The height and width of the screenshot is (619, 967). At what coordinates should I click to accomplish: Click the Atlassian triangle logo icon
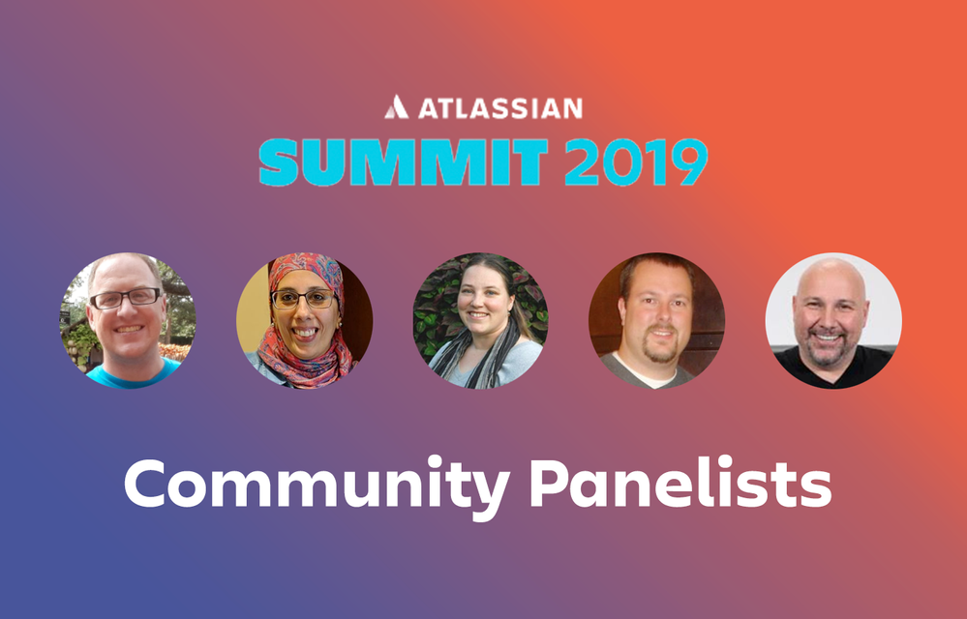pyautogui.click(x=396, y=107)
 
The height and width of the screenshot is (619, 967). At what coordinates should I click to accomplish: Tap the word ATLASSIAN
pyautogui.click(x=500, y=108)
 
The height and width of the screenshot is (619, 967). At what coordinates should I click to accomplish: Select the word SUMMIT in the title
pyautogui.click(x=404, y=162)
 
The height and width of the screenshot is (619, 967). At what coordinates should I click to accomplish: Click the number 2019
pyautogui.click(x=636, y=162)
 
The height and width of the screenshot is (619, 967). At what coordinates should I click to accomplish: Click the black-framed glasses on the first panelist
pyautogui.click(x=125, y=299)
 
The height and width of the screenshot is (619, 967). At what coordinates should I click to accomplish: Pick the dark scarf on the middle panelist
pyautogui.click(x=476, y=361)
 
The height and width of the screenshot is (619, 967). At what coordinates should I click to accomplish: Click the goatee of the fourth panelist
pyautogui.click(x=658, y=348)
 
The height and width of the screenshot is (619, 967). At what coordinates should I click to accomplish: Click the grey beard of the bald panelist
pyautogui.click(x=829, y=351)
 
